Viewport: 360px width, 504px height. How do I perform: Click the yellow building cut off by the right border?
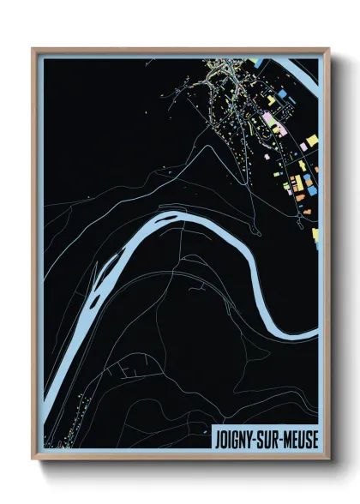point(315,233)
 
